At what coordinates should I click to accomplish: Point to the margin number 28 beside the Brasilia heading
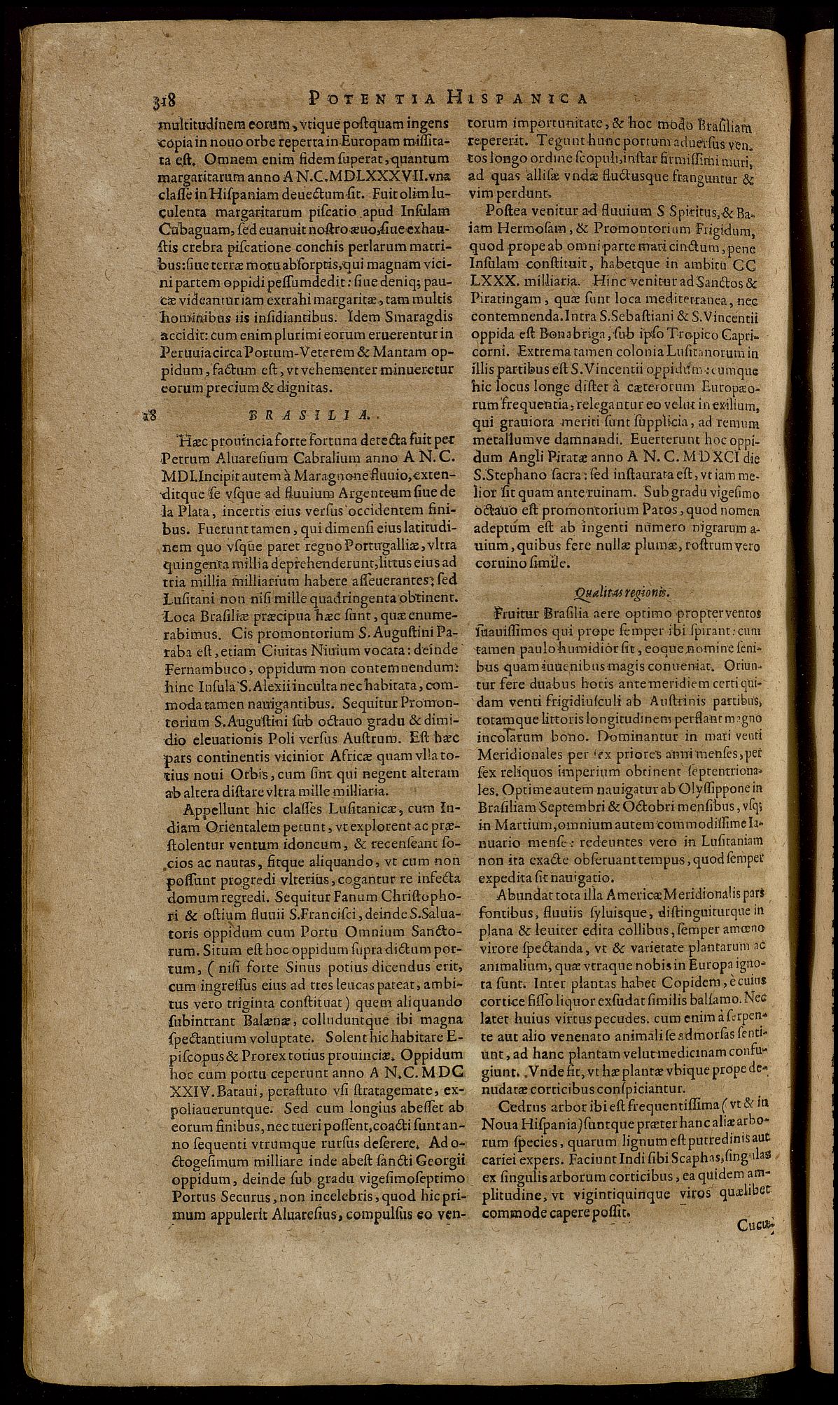[148, 414]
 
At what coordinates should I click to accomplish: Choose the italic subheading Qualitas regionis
[620, 592]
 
